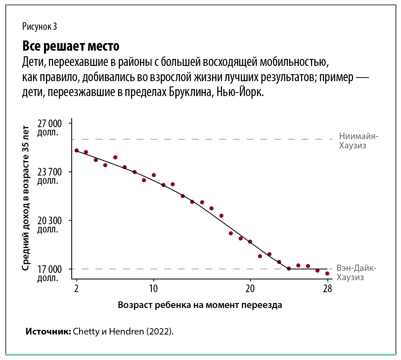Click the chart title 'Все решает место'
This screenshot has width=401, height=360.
coord(71,46)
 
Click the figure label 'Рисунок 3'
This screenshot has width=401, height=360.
coord(39,26)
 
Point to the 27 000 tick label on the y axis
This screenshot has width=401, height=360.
coord(49,127)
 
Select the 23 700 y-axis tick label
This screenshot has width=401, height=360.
coord(49,176)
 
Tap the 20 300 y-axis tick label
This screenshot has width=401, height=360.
coord(49,224)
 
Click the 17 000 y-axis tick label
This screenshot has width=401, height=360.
coord(49,273)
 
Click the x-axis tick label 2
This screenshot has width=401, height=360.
coord(76,289)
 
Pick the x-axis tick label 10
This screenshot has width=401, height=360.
coord(153,289)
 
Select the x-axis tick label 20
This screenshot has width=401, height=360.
coord(250,289)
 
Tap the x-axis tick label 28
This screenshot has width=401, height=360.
coord(327,289)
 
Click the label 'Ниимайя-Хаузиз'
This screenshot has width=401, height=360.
coord(358,141)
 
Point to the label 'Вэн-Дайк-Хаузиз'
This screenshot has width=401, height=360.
coord(356,273)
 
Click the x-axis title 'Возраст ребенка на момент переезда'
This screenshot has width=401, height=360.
coord(200,305)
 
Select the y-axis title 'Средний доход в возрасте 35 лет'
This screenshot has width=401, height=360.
coord(25,198)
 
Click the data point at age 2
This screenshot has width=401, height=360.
coord(76,150)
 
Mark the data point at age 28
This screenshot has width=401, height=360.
coord(327,274)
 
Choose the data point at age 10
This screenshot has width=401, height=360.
coord(154,175)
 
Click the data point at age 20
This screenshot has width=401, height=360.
coord(250,242)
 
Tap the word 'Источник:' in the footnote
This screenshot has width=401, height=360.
coord(48,332)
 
